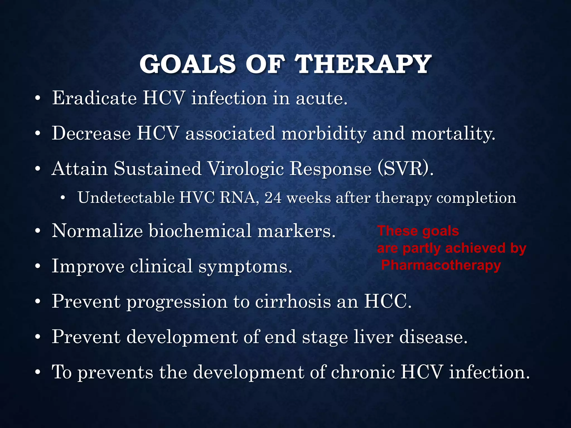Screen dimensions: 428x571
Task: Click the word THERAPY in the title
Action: [363, 64]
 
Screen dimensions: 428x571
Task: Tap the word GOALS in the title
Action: [188, 64]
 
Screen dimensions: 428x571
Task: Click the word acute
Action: [321, 99]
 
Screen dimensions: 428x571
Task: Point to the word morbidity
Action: [324, 134]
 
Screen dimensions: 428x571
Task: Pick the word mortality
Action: [453, 134]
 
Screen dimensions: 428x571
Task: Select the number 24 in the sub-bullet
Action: [273, 198]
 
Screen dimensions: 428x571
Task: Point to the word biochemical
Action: [200, 231]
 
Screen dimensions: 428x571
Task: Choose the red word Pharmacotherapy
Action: [441, 265]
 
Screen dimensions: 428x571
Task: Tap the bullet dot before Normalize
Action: [38, 232]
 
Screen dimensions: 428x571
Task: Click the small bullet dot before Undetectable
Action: [63, 198]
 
